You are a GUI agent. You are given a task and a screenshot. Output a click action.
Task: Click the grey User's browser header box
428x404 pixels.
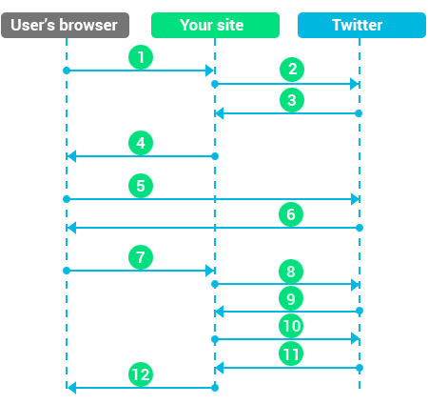tap(65, 25)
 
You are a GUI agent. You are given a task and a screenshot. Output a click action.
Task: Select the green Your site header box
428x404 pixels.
tap(215, 25)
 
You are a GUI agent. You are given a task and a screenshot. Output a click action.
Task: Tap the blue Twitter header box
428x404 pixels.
tap(361, 25)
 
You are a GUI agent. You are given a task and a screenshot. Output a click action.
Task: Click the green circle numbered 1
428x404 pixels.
tap(141, 57)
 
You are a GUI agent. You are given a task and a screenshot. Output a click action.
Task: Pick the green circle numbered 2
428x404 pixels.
tap(292, 70)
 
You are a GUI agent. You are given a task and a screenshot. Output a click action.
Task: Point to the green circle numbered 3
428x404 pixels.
tap(292, 100)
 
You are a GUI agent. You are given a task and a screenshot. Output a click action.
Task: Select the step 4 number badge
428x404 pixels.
tap(141, 143)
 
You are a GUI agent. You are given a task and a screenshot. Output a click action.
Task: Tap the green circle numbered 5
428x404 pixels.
tap(141, 186)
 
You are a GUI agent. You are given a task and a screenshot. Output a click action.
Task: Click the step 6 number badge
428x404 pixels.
tap(291, 214)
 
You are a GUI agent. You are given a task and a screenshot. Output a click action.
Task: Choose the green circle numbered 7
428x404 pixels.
tap(141, 257)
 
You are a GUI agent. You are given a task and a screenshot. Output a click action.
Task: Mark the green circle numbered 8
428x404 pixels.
tap(291, 272)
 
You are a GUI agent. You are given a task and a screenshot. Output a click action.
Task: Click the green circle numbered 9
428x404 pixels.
tap(291, 298)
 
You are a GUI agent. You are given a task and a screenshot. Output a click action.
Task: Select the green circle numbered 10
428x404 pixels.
tap(291, 326)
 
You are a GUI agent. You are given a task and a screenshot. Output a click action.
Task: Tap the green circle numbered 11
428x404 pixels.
tap(291, 353)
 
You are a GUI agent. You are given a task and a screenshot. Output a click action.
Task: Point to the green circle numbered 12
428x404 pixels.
tap(141, 374)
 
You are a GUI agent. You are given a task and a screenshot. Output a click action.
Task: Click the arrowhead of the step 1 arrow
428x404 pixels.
tap(210, 71)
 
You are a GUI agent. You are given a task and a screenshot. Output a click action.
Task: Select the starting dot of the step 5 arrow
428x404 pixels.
tap(67, 199)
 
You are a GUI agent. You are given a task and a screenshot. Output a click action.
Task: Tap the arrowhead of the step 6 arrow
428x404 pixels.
tap(71, 228)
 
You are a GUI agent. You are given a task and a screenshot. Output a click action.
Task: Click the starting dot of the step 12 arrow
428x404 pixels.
tap(215, 388)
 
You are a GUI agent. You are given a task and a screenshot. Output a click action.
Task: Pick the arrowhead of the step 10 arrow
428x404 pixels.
tap(356, 339)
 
